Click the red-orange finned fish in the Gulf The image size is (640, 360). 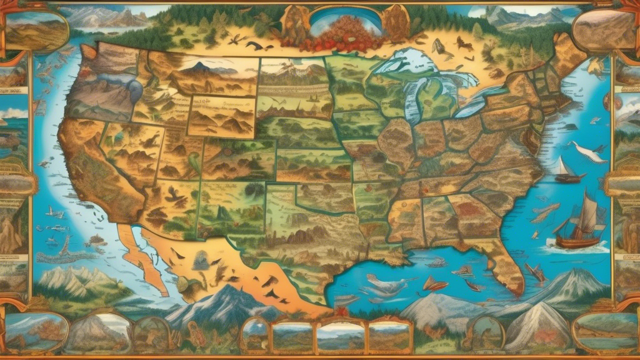(435, 284)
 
